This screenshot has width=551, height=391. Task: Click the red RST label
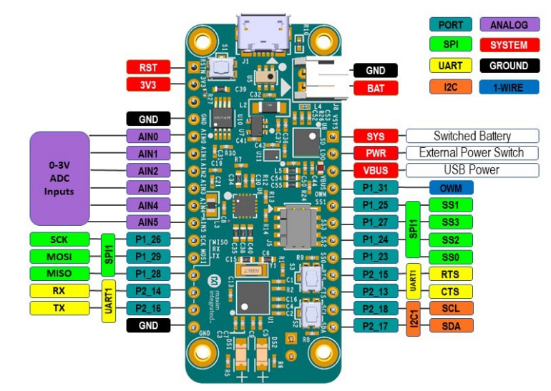(147, 68)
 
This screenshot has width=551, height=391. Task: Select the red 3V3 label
(147, 85)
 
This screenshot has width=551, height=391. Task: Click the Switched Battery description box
(472, 136)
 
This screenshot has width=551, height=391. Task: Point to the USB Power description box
(472, 170)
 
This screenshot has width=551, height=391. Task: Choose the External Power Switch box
(472, 153)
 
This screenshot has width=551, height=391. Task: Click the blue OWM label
(450, 188)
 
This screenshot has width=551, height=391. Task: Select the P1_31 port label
(376, 188)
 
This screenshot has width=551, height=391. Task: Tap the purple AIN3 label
(147, 188)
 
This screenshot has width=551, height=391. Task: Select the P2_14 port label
(147, 291)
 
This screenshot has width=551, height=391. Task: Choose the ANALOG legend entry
(514, 25)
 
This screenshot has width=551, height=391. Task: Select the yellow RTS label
(450, 274)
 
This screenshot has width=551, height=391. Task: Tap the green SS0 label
(450, 256)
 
